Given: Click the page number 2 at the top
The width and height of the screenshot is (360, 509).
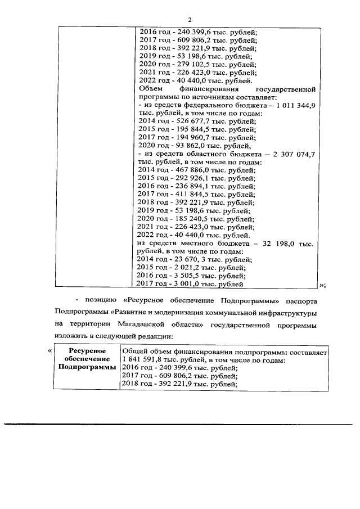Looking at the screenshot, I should pyautogui.click(x=181, y=20).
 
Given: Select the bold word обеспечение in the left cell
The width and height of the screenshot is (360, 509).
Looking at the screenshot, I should pyautogui.click(x=85, y=359).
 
